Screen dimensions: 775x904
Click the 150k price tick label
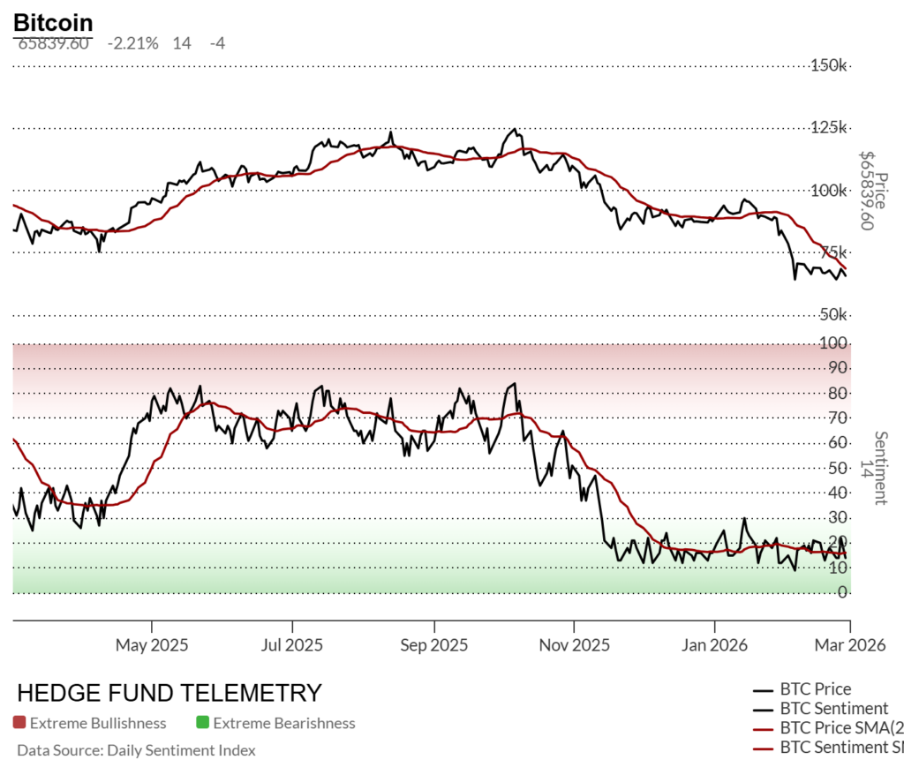829,65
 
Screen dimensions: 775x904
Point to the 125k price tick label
829,128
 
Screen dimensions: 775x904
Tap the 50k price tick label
832,315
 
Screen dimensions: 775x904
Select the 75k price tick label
832,252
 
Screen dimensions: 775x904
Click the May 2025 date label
152,644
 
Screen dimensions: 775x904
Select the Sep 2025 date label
433,644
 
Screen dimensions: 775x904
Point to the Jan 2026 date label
714,644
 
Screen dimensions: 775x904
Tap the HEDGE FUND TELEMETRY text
169,693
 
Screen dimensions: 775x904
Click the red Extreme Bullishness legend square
19,723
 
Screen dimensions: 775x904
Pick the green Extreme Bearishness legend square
202,723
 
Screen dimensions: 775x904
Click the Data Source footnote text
136,750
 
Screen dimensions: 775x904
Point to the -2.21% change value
132,42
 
